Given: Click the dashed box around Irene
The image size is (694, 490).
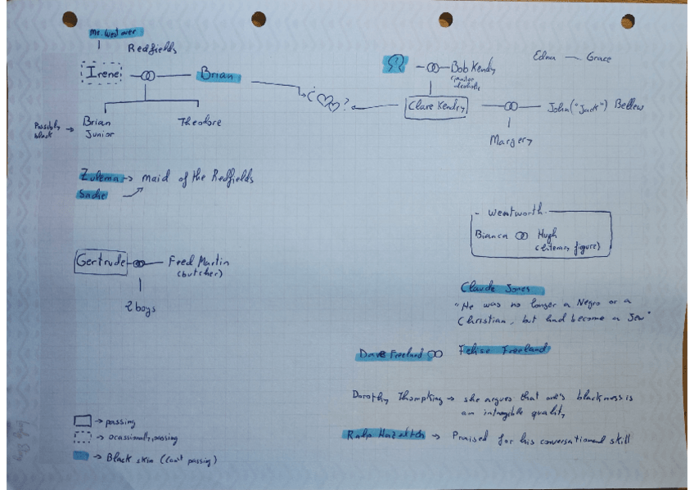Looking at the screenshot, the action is [x=102, y=74].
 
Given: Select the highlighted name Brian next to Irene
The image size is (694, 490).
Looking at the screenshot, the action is [x=217, y=76].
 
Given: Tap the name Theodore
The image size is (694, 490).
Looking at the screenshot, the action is [x=200, y=123].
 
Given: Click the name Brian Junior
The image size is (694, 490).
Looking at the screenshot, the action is [x=99, y=128].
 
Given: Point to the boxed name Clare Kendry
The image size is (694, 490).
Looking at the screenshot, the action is [x=436, y=106].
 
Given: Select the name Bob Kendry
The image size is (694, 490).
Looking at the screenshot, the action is [x=472, y=68].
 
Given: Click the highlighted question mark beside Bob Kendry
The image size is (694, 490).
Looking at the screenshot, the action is [x=396, y=64].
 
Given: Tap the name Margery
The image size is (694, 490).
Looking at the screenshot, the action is [x=511, y=141].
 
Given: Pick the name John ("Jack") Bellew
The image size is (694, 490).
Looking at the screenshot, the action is [x=595, y=106].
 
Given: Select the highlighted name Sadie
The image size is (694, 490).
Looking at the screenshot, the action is [x=93, y=194].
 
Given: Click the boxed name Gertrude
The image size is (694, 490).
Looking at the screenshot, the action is [x=101, y=262].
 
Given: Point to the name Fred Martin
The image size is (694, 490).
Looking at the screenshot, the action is [x=199, y=262].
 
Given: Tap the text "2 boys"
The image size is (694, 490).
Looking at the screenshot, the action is [x=140, y=308].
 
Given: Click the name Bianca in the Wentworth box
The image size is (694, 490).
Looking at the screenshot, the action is [x=492, y=234].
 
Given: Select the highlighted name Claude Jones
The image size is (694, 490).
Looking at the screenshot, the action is [x=495, y=289].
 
